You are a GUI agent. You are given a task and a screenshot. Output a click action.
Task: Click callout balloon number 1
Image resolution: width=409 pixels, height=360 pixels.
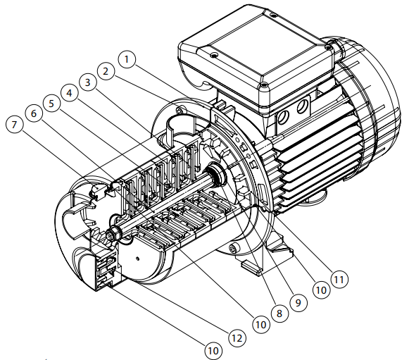[x=127, y=59]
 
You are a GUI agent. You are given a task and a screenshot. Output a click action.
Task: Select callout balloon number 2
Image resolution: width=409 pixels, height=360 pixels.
[x=106, y=71]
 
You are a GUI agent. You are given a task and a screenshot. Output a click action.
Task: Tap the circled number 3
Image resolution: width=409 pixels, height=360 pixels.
[x=87, y=82]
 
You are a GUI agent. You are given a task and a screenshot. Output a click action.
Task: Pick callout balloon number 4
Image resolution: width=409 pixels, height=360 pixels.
[x=69, y=93]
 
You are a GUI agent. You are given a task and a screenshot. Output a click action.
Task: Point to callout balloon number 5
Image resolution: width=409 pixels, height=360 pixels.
[x=51, y=104]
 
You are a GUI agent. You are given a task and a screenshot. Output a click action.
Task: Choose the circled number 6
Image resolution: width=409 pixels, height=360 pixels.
[x=34, y=113]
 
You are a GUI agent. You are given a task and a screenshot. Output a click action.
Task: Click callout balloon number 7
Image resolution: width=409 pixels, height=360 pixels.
[x=14, y=124]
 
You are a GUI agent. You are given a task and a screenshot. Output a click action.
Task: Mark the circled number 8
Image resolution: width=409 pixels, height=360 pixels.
[x=279, y=314]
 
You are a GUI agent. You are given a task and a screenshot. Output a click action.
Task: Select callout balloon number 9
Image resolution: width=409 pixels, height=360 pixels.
[x=298, y=302]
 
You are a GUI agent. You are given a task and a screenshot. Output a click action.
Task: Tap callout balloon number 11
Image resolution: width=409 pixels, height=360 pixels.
[x=339, y=279]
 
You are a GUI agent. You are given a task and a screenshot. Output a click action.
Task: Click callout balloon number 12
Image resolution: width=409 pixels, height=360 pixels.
[x=237, y=338]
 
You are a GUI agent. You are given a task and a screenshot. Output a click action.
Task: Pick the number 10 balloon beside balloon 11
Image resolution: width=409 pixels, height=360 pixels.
[x=321, y=290]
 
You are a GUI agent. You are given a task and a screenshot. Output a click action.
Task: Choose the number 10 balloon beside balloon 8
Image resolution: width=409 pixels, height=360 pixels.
[x=261, y=325]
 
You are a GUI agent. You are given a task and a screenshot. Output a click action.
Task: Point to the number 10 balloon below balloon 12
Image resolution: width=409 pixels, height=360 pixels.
[x=213, y=351]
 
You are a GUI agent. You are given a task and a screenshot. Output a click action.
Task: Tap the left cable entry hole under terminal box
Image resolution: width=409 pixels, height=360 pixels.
[x=284, y=117]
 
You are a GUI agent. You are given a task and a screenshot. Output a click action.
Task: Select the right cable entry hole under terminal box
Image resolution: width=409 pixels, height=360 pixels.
[x=302, y=106]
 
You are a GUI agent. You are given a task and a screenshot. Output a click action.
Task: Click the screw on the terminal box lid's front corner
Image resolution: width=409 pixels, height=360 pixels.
[x=264, y=85]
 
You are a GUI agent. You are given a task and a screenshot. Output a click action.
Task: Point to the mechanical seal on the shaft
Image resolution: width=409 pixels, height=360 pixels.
[x=215, y=174]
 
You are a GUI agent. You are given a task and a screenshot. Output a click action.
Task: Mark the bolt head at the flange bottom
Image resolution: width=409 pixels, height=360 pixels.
[x=233, y=247]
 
